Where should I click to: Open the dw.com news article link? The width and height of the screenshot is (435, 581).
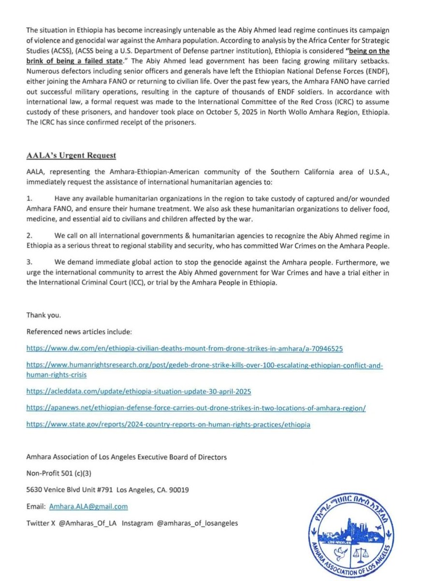pos(185,349)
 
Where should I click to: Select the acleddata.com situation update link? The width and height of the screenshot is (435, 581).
pos(139,391)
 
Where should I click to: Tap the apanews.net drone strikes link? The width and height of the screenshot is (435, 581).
pos(196,408)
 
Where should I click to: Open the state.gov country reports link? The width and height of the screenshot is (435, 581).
pos(169,425)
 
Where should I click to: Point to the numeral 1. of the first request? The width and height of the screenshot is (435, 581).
pos(29,199)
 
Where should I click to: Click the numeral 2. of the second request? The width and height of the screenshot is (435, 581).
pos(29,235)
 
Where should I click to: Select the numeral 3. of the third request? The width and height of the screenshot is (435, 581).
pos(29,262)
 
